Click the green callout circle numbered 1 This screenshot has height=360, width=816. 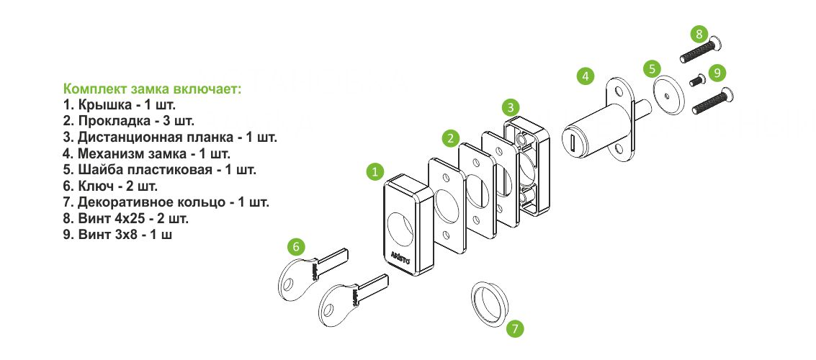375,171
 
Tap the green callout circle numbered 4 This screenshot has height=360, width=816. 586,76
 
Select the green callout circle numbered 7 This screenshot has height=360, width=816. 515,328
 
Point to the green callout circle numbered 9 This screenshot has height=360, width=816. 717,73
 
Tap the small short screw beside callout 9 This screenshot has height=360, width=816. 697,80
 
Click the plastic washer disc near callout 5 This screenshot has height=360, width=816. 667,96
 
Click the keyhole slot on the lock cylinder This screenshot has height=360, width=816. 571,142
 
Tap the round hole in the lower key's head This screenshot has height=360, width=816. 327,312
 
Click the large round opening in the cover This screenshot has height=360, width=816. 400,230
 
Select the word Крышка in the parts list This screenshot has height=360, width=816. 104,104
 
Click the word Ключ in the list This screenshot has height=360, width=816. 94,186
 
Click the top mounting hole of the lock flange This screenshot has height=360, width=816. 618,92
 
